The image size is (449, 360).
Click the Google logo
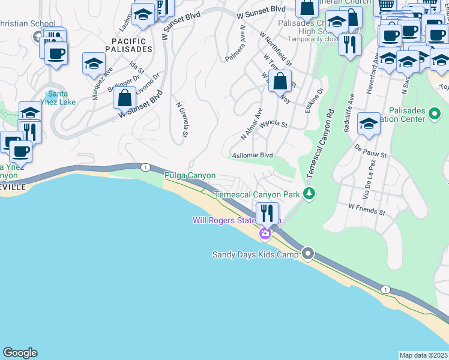[20, 353]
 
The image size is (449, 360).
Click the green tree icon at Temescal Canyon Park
[309, 193]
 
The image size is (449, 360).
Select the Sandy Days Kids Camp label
[255, 254]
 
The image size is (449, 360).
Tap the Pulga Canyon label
[190, 176]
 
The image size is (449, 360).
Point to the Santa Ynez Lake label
[62, 98]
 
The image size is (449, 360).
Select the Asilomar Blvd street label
[252, 155]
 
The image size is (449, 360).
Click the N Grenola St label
[182, 119]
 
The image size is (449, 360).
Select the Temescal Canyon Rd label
[320, 142]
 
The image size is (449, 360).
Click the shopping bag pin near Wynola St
[280, 81]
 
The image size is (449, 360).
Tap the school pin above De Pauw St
[369, 124]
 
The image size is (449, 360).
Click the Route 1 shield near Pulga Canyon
[145, 167]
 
